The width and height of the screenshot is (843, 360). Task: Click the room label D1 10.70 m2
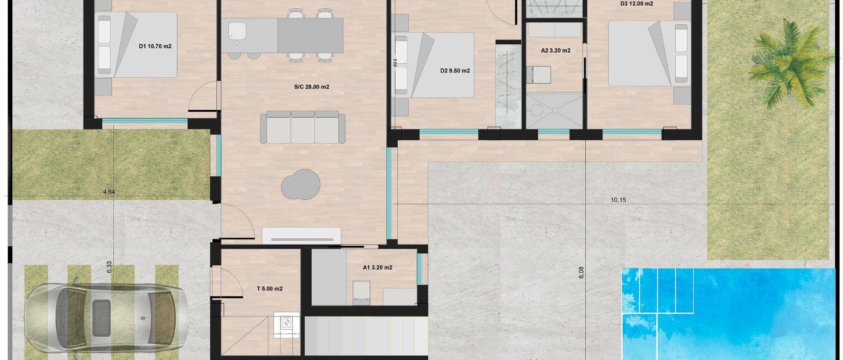[155, 46]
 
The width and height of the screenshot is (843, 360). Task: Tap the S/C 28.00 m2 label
[311, 87]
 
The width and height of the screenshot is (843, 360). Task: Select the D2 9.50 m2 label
[455, 71]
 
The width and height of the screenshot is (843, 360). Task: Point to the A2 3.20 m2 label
[555, 50]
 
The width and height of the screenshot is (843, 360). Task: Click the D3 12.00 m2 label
[636, 4]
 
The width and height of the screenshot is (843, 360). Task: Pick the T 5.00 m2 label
[270, 289]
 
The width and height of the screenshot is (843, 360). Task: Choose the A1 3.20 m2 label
[378, 267]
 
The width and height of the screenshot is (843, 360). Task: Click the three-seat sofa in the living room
[303, 127]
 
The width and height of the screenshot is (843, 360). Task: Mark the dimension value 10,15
[618, 200]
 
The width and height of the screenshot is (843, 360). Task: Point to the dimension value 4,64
[108, 192]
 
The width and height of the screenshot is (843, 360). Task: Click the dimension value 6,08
[581, 273]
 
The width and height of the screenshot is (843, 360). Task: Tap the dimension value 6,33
[109, 267]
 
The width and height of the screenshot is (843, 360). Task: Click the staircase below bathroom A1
[366, 336]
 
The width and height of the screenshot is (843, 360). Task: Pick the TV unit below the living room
[301, 235]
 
